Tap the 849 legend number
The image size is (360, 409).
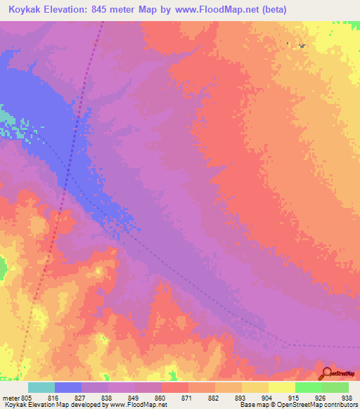pos(135,398)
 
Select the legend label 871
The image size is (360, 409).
pos(188,398)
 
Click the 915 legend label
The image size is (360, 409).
pos(295,398)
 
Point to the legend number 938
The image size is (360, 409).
pos(347,398)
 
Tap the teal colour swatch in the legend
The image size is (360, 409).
pos(41,387)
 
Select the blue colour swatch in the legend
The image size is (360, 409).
pos(68,387)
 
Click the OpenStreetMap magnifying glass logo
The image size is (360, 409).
pos(326,373)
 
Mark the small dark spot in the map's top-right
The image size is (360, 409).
pos(302,46)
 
